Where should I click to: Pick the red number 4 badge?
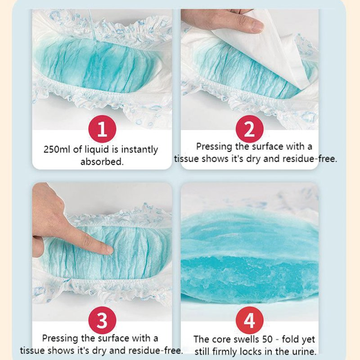coord(249,322)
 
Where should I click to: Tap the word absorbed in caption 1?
coord(102,162)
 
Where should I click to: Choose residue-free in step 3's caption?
coord(156,350)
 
